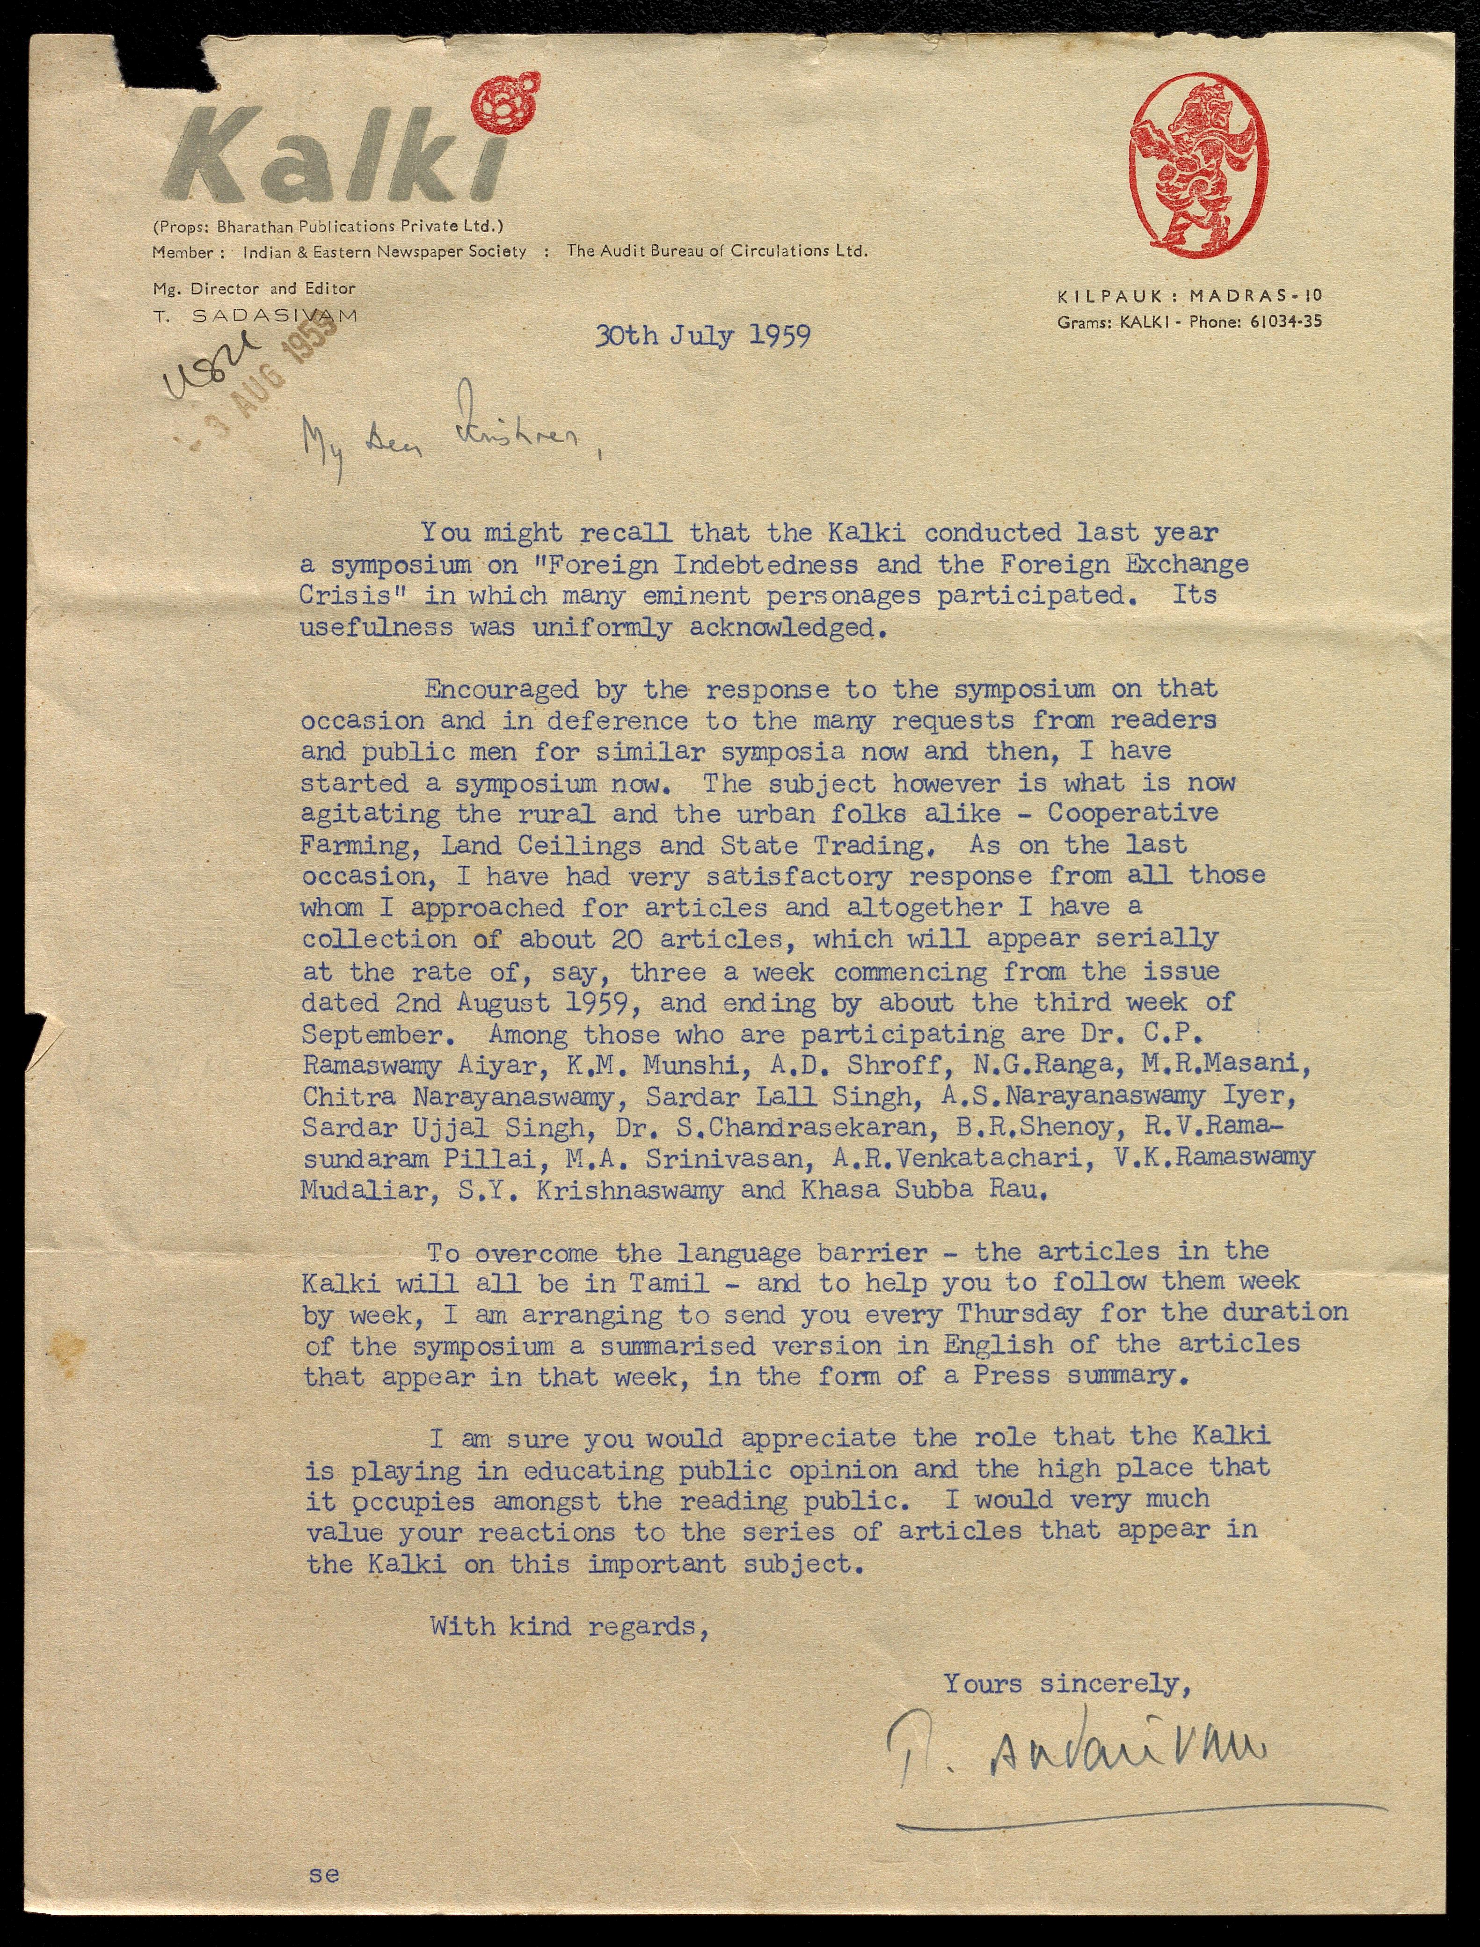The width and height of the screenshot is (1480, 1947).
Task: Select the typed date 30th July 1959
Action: coord(702,337)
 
